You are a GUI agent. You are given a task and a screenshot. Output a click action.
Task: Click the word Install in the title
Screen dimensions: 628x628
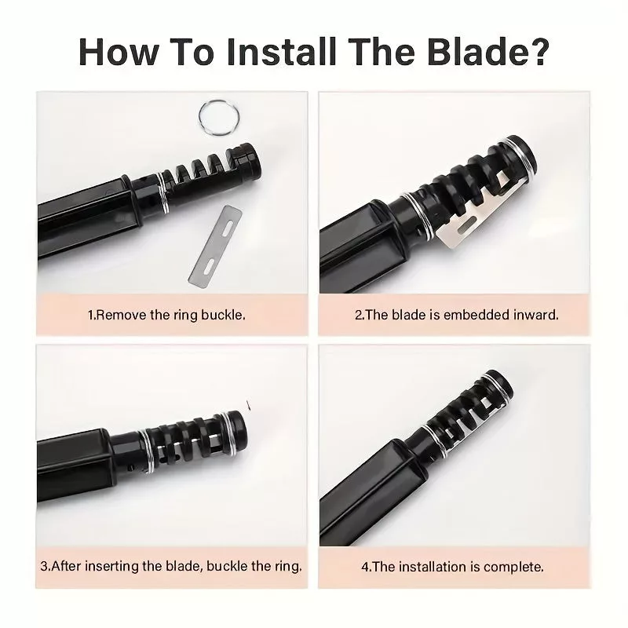tap(280, 53)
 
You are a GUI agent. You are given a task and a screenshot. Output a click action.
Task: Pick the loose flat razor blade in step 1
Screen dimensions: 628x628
tap(215, 245)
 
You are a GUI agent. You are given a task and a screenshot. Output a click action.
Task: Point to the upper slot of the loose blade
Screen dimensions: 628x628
tap(228, 228)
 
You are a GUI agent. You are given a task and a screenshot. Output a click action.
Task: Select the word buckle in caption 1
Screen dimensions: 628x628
tap(223, 315)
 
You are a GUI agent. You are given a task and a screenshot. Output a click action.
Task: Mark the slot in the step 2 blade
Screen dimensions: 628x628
tap(466, 226)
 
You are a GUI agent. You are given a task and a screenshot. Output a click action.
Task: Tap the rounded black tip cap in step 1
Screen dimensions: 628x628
tap(246, 161)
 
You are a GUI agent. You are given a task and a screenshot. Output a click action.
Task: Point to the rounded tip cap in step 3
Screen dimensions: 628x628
tap(236, 433)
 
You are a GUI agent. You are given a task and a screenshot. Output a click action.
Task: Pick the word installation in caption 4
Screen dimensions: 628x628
tap(433, 567)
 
